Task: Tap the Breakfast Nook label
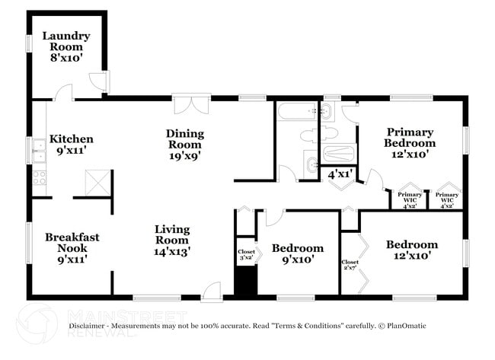click(72, 242)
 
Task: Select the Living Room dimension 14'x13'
click(172, 250)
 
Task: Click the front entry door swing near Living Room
click(212, 289)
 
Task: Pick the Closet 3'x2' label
click(246, 254)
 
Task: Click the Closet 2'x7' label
click(350, 265)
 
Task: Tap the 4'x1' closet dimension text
click(338, 174)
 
